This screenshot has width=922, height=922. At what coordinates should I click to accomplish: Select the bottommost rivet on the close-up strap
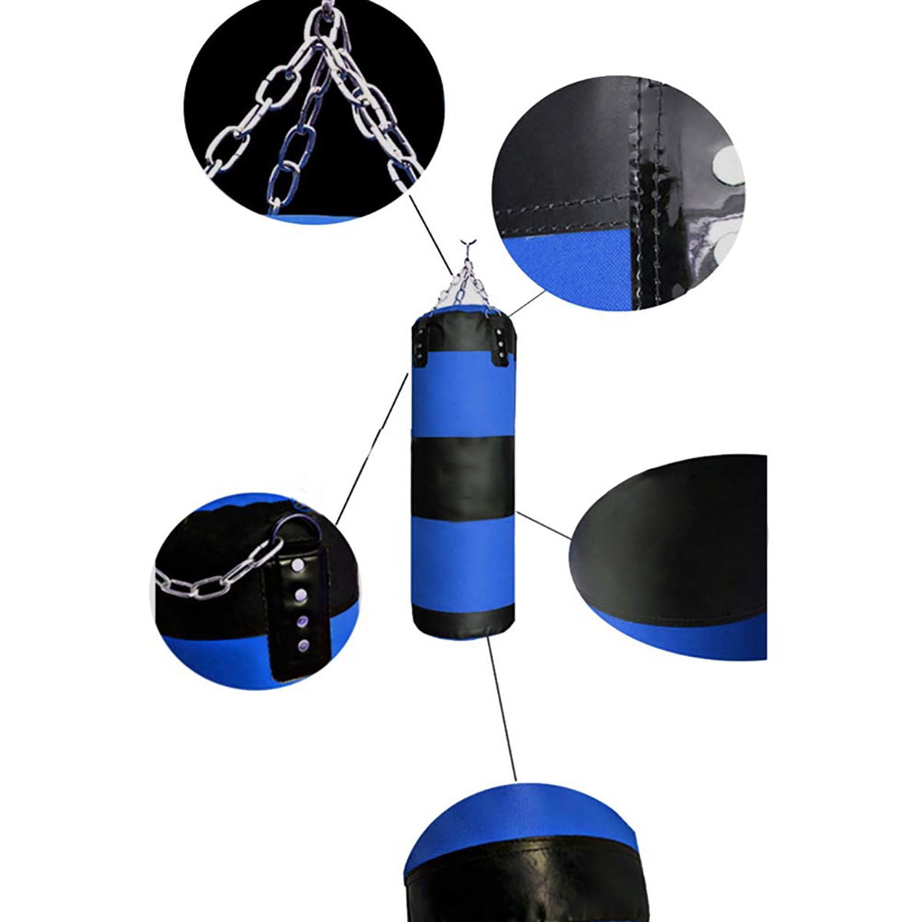301,644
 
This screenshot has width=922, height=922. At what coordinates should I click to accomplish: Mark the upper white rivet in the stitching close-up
726,163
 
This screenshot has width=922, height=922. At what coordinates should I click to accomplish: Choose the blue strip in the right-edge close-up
691,634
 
